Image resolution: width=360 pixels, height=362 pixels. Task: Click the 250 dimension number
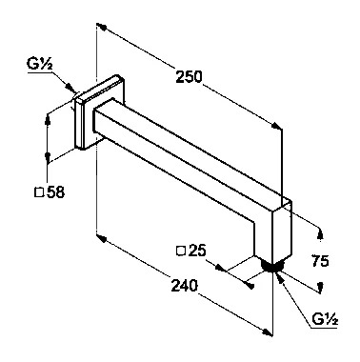point(189,76)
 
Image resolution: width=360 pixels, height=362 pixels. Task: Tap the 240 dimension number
point(184,285)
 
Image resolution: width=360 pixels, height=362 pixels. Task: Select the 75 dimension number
point(320,261)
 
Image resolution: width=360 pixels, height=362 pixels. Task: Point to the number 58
point(55,192)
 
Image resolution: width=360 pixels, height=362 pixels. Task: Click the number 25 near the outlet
point(197,251)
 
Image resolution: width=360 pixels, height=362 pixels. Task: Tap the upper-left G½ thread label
point(40,65)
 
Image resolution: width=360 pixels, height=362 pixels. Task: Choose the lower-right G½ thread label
point(325,319)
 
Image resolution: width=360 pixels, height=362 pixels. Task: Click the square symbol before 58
point(39,192)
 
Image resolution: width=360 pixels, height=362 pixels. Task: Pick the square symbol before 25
point(181,251)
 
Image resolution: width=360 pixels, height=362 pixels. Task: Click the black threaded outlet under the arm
point(270,266)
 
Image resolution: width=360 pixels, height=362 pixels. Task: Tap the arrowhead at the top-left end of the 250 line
point(101,26)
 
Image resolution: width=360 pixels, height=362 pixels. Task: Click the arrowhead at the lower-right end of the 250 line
point(276,126)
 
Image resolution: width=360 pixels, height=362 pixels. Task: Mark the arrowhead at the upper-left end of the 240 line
point(101,237)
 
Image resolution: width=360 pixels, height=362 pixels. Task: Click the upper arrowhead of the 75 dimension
point(321,233)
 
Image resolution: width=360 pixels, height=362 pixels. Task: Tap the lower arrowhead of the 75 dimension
point(321,287)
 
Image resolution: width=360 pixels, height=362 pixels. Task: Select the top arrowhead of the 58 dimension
point(48,119)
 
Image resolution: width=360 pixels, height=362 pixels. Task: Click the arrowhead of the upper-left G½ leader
point(70,87)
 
